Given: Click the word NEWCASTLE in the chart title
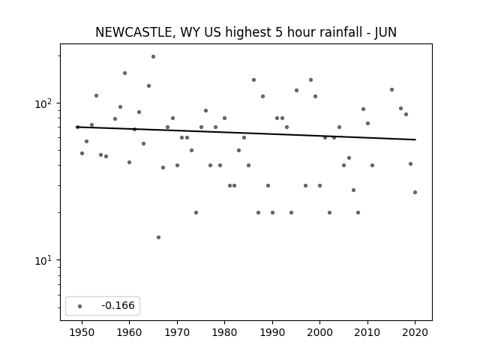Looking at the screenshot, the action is pos(133,32).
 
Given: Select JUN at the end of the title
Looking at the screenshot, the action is pos(385,32).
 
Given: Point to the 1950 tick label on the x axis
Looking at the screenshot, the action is pos(82,332).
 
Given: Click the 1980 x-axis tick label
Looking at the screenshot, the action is pos(224,332).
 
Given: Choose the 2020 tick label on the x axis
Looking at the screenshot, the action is pos(415,332).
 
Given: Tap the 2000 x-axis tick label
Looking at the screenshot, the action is pos(319,332).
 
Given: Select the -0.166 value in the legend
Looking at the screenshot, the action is pos(118,305).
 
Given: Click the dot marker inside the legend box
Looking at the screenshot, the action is pos(80,306).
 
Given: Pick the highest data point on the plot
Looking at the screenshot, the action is pos(153,57).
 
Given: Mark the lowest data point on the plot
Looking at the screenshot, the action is pos(158,237).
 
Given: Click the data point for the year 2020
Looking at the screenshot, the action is pos(415,192).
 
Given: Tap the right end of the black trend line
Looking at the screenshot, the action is pos(415,139).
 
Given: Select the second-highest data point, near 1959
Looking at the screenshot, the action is pos(125,73).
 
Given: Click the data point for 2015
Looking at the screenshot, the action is pos(391,90).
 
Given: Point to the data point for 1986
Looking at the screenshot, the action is pos(253,80).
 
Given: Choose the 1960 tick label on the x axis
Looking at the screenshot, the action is pos(129,332).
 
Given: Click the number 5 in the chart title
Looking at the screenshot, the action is pos(278,32).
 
